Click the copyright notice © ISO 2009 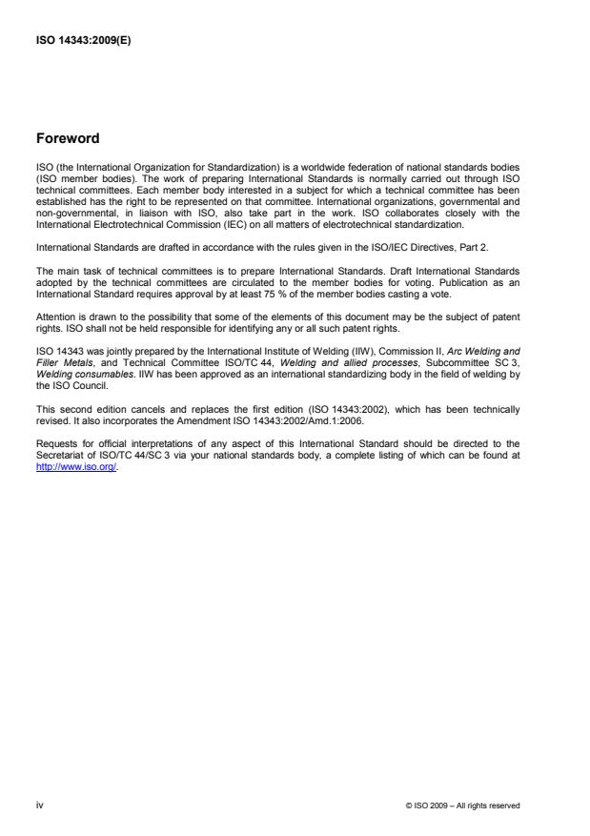coord(463,806)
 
